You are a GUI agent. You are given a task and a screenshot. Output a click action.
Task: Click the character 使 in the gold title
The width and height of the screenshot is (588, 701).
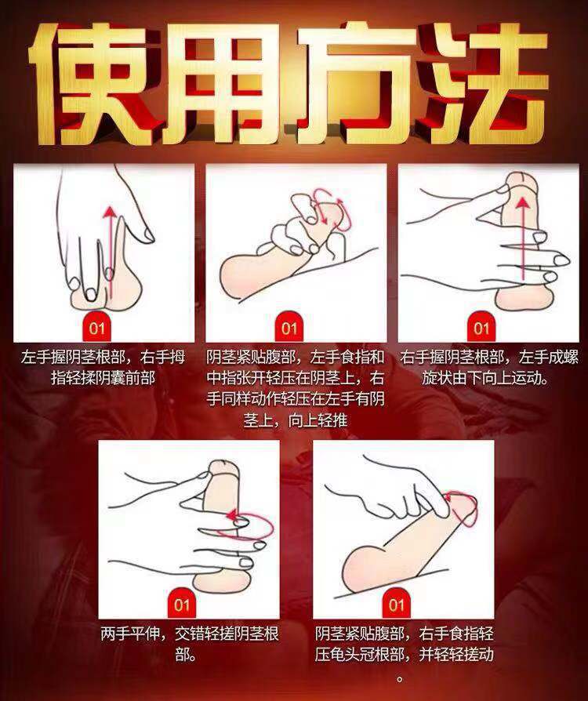pos(92,82)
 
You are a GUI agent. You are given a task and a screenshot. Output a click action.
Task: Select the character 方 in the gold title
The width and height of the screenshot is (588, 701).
pos(354,82)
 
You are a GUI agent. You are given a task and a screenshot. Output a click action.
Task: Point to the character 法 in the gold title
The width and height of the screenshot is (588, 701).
pos(483,82)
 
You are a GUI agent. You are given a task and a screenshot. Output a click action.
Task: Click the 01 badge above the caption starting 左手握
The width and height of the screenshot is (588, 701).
pos(96,328)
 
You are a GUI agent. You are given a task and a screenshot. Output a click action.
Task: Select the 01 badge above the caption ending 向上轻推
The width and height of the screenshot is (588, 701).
pos(289,328)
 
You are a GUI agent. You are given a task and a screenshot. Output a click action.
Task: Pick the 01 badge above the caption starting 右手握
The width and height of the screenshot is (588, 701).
pos(481,328)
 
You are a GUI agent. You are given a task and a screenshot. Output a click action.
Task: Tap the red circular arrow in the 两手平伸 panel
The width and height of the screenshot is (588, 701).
pos(249,525)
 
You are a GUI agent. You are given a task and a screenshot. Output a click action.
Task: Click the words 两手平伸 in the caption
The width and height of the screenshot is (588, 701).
pos(129,634)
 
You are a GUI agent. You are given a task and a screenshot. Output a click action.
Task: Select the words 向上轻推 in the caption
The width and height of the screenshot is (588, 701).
pos(318,421)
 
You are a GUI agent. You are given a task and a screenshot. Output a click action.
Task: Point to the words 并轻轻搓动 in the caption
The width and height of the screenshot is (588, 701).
pos(456,656)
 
